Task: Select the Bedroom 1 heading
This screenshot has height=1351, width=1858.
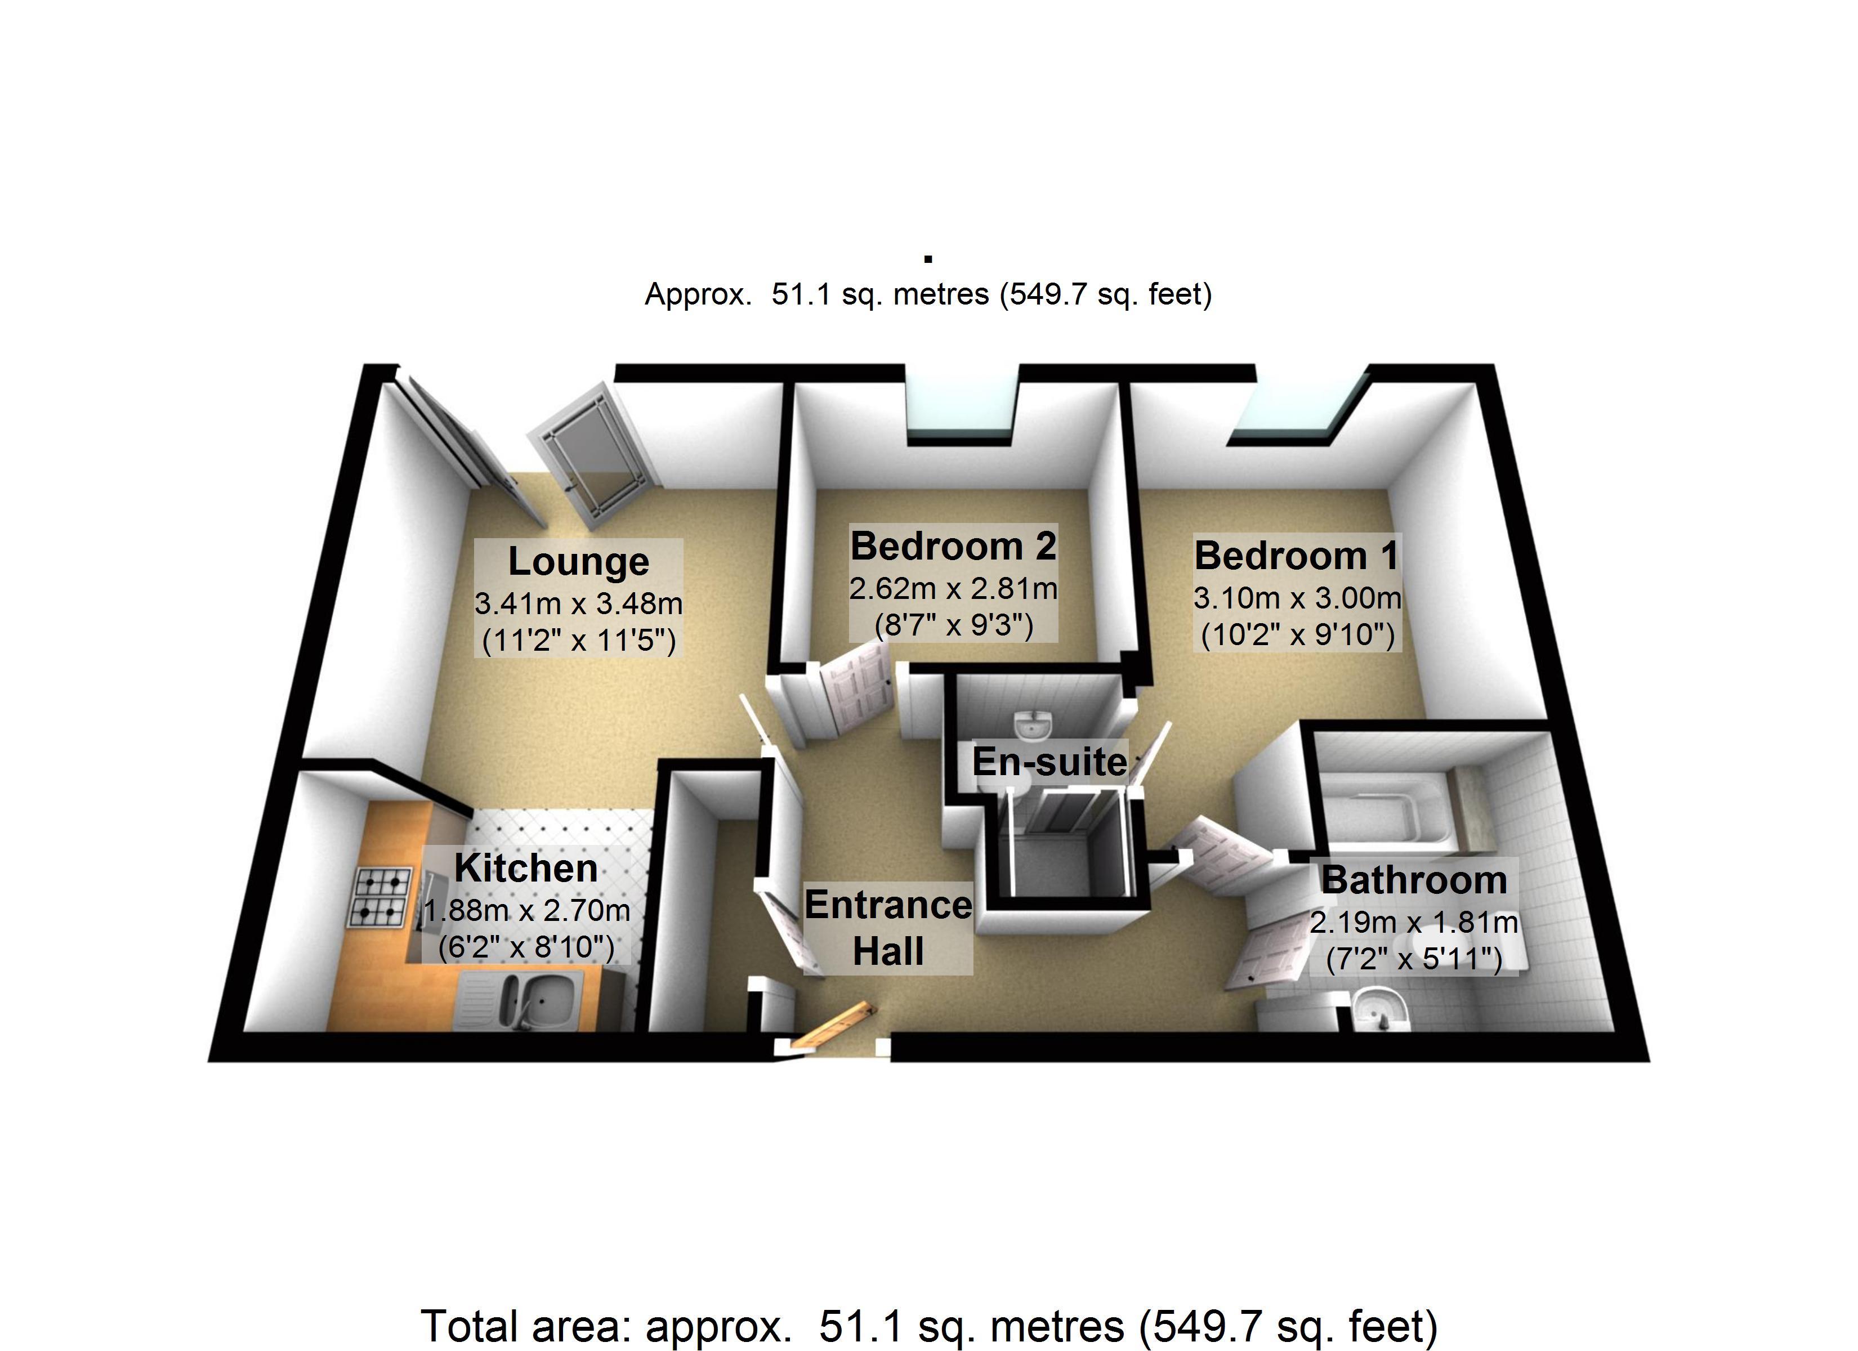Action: click(1297, 556)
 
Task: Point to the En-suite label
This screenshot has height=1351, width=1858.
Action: click(1049, 762)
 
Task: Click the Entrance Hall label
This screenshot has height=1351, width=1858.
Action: click(888, 928)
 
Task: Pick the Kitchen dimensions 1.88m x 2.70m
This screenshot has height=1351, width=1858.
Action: click(527, 910)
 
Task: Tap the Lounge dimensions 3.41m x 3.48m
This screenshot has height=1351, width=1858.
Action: click(578, 604)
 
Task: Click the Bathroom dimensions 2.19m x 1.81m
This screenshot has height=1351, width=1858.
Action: click(1414, 923)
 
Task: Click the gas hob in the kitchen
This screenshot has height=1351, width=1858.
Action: click(379, 897)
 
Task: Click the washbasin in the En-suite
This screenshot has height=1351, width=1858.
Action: click(1034, 726)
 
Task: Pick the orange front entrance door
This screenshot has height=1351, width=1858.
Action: click(829, 1023)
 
